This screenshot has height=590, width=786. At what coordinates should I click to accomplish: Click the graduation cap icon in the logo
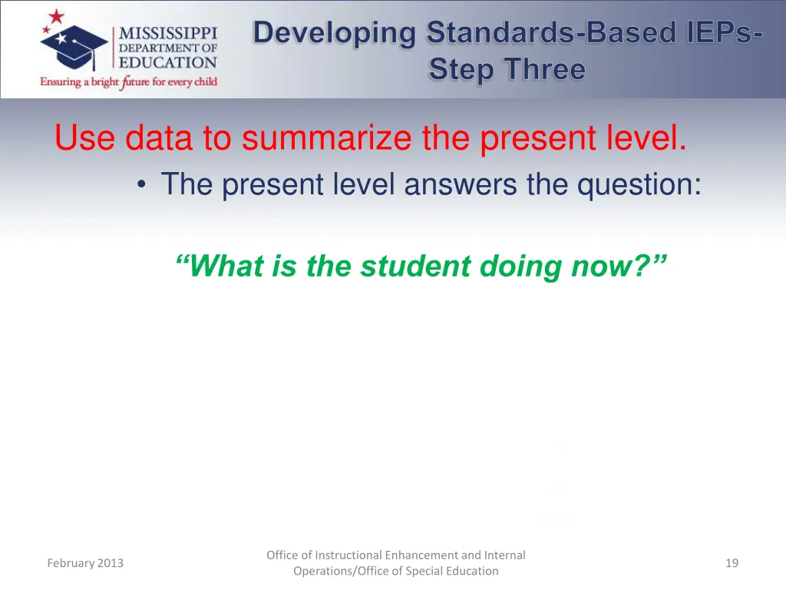point(74,44)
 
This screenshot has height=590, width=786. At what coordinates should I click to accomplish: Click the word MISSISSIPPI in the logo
point(168,34)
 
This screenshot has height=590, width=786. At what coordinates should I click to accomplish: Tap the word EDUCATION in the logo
point(168,63)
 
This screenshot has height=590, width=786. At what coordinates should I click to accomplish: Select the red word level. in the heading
point(647,139)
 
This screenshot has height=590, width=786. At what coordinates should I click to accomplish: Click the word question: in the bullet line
point(639,185)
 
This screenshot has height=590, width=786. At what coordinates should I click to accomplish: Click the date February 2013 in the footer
point(84,563)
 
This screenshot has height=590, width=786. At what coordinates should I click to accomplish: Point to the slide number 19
point(732,563)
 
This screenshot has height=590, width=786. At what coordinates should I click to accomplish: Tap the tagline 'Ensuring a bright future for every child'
point(129,82)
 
